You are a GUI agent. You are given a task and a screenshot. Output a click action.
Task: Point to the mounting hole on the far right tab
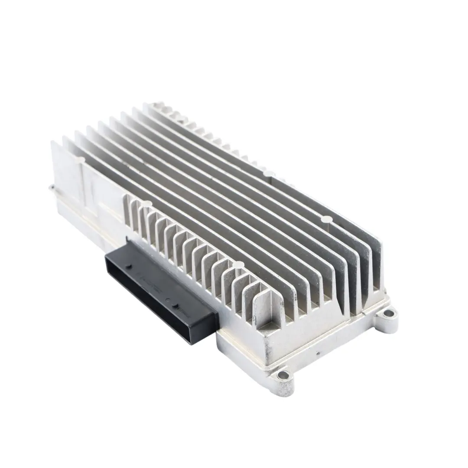(x=389, y=313)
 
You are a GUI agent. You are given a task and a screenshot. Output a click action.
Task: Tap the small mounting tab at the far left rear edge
(x=52, y=188)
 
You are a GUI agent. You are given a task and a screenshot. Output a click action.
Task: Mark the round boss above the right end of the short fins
(x=237, y=265)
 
